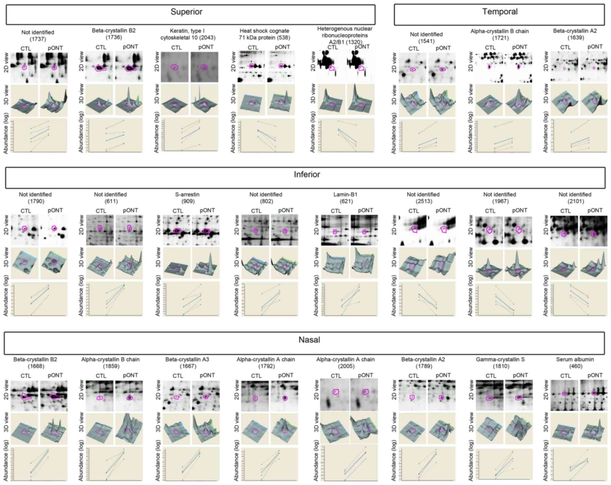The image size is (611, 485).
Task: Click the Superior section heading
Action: coord(186,12)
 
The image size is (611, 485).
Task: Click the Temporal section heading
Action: coord(500,12)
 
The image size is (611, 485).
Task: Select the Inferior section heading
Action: coord(307,174)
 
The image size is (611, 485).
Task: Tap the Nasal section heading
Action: coord(309,340)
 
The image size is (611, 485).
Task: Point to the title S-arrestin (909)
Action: coord(187,198)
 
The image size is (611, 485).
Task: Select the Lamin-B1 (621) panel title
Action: coord(345,198)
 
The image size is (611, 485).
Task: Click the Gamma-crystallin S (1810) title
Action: coord(500,363)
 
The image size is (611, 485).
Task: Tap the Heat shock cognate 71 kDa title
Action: coord(264,34)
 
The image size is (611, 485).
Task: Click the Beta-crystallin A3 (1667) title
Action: coord(187,363)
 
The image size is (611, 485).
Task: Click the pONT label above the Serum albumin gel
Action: coord(594,375)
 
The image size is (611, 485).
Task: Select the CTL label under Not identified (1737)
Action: coord(26,48)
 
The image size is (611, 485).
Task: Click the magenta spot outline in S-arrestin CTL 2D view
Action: coord(177,231)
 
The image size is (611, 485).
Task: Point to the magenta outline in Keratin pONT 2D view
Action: coord(204,67)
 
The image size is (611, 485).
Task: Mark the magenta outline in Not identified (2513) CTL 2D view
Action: coord(414,229)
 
